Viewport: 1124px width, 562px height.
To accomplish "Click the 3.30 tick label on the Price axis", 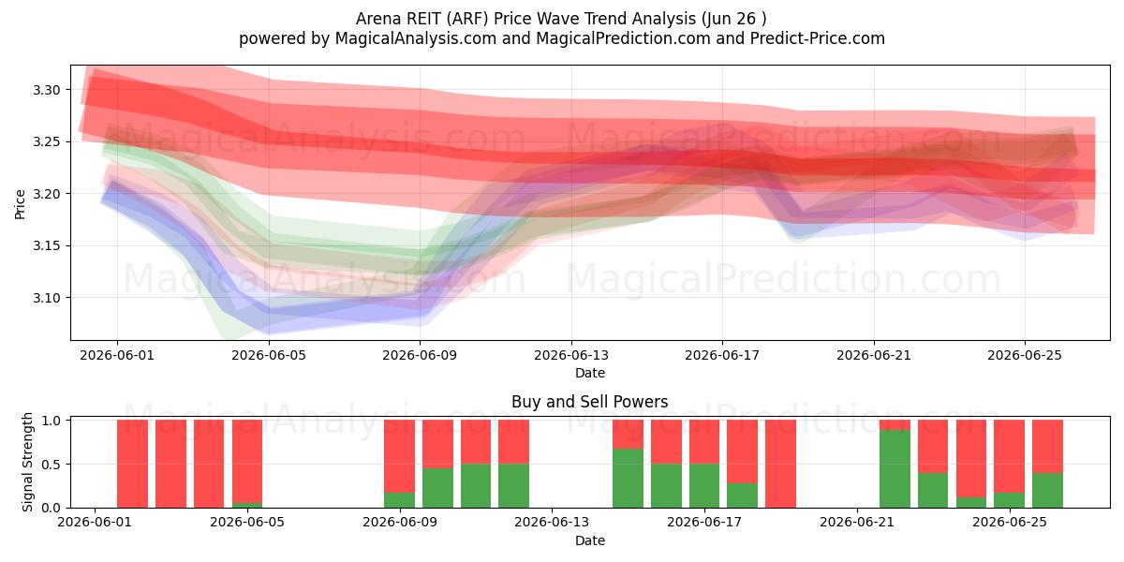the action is coord(46,90).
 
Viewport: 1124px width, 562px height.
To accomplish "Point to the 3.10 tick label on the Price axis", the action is coord(46,298).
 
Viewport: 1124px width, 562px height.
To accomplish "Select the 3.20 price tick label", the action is coord(46,194).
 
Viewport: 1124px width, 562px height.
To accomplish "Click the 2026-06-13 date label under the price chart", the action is coord(571,355).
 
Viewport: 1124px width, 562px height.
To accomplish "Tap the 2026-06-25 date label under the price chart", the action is coord(1025,355).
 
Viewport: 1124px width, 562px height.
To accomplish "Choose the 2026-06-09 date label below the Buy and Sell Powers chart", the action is coord(400,523).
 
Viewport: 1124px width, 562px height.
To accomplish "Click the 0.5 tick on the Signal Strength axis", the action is coord(51,465).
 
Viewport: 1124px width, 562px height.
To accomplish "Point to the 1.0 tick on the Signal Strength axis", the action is coord(51,421).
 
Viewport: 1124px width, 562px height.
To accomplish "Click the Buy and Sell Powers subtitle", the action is coord(589,402).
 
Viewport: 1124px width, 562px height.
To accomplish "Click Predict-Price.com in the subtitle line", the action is coord(818,38).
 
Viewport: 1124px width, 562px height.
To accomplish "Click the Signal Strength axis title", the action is coord(27,462).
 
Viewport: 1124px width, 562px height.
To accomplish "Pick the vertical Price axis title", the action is coord(20,204).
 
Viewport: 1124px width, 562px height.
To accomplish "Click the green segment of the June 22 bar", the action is coord(895,468).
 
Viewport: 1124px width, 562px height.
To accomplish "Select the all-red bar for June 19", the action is coord(780,464).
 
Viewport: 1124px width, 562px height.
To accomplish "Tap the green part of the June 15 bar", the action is coord(628,479).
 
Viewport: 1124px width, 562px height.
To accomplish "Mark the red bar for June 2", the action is coord(132,464).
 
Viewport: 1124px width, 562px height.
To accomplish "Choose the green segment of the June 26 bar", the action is coord(1047,490).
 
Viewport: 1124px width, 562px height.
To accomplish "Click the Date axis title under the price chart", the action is coord(589,373).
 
